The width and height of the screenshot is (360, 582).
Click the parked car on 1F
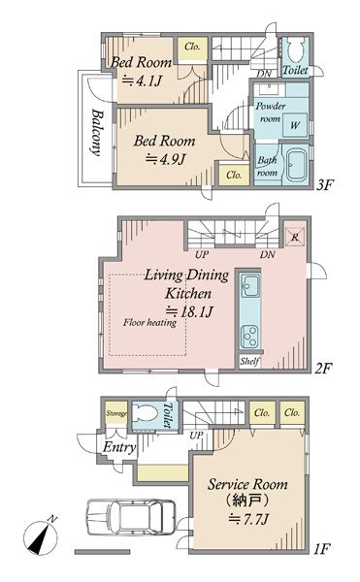pyautogui.click(x=131, y=517)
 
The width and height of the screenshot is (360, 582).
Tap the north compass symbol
pyautogui.click(x=41, y=536)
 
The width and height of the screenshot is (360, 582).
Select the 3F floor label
pyautogui.click(x=325, y=184)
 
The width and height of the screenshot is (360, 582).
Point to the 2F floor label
pyautogui.click(x=323, y=369)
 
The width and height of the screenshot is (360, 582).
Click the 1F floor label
pyautogui.click(x=321, y=548)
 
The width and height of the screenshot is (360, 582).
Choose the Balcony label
pyautogui.click(x=96, y=132)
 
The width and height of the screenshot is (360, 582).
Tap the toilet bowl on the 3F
pyautogui.click(x=296, y=50)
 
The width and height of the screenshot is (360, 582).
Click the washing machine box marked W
pyautogui.click(x=295, y=124)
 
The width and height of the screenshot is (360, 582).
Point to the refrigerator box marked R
pyautogui.click(x=295, y=237)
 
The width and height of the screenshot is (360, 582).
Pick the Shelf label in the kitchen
pyautogui.click(x=249, y=361)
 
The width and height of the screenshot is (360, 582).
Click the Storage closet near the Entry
pyautogui.click(x=116, y=413)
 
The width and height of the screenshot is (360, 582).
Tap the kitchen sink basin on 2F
pyautogui.click(x=249, y=285)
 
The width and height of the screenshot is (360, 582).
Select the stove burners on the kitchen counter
pyautogui.click(x=249, y=337)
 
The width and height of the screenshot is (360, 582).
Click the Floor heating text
pyautogui.click(x=150, y=322)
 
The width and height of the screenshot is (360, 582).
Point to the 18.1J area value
pyautogui.click(x=189, y=311)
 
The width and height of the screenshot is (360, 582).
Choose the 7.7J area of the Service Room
pyautogui.click(x=247, y=519)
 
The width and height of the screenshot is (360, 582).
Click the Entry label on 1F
pyautogui.click(x=119, y=447)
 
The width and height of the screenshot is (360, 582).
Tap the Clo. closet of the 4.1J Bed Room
pyautogui.click(x=192, y=48)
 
